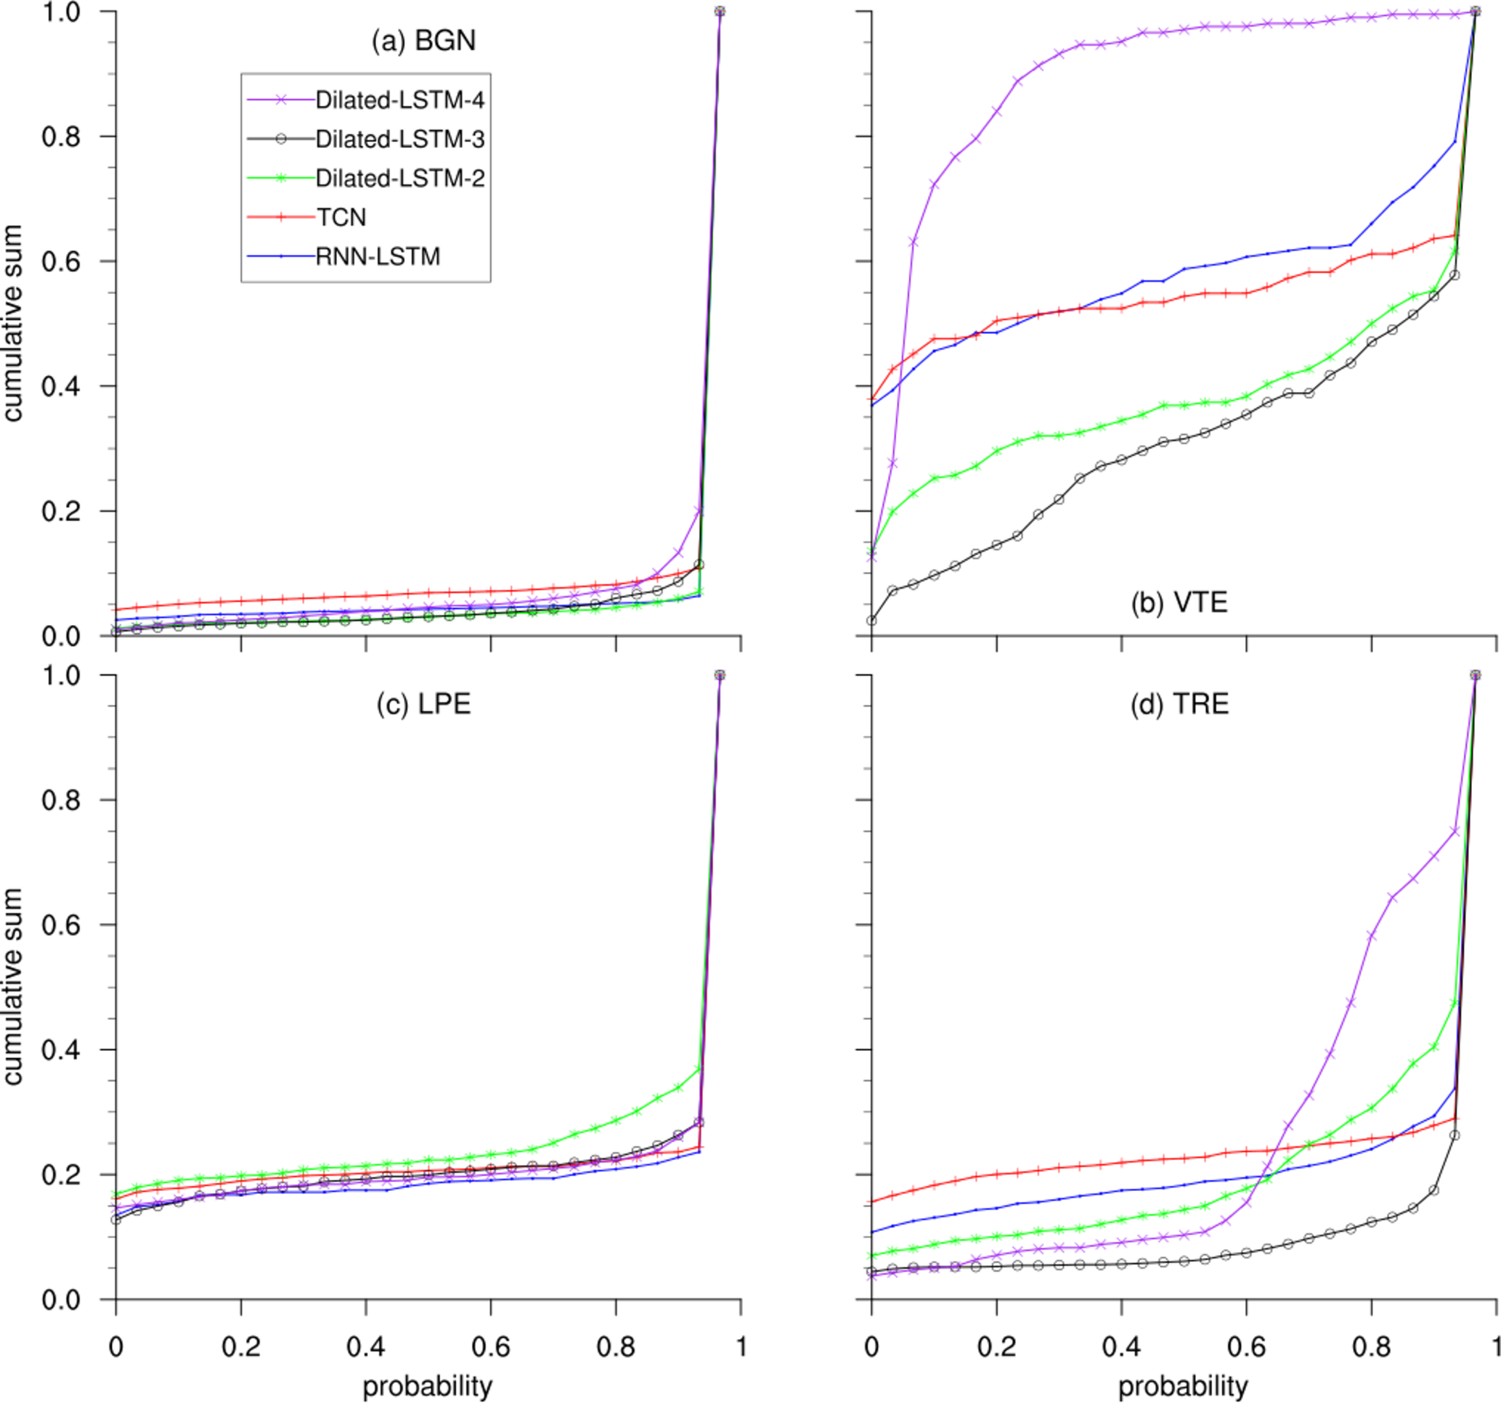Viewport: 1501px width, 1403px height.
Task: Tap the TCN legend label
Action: [x=341, y=217]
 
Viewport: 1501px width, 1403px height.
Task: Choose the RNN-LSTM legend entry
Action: [x=378, y=257]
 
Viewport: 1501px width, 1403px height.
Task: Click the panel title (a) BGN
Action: [x=423, y=40]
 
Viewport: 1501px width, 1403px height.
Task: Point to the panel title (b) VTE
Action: [x=1179, y=602]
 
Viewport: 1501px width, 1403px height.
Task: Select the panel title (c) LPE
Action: [x=423, y=703]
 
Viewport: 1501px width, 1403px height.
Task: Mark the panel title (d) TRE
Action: [x=1179, y=703]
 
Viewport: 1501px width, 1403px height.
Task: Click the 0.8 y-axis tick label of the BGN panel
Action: [x=61, y=136]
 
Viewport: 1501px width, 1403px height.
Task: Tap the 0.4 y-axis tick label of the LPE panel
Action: [x=61, y=1050]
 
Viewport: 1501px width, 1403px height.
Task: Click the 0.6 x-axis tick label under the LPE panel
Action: [x=491, y=1346]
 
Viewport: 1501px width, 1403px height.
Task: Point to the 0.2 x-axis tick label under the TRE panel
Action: [x=996, y=1346]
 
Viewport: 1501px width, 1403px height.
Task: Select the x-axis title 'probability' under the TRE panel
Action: [x=1183, y=1386]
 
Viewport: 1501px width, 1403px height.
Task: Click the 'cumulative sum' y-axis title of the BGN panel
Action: [x=13, y=323]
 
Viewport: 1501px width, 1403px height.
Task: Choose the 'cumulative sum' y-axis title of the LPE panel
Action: [x=13, y=986]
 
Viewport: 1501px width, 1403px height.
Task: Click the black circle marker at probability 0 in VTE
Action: [x=872, y=621]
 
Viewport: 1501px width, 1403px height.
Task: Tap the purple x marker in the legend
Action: [x=281, y=99]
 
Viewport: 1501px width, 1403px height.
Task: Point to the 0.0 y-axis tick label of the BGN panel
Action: [x=61, y=637]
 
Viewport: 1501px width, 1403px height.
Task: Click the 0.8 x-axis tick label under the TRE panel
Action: [x=1371, y=1346]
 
